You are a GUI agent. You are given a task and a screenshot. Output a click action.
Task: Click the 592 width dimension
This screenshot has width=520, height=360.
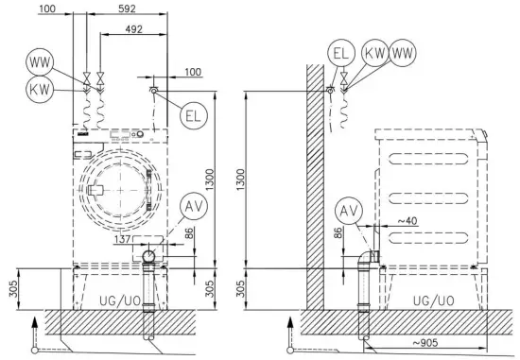click(x=127, y=9)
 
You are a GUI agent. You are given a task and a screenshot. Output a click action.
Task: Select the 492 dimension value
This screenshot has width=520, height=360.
click(x=133, y=29)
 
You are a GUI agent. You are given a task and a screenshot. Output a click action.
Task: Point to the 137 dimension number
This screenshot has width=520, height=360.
click(x=122, y=239)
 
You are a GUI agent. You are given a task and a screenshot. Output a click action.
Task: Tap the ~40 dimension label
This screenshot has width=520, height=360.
click(x=407, y=221)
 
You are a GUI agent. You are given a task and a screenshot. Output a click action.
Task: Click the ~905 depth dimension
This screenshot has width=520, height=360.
click(x=425, y=342)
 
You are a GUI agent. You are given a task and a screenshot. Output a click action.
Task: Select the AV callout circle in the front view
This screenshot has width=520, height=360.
click(x=194, y=206)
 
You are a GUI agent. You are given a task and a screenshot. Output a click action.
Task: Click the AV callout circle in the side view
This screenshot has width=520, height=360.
click(x=349, y=211)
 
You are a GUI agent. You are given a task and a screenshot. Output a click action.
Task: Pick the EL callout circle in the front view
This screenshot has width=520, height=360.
click(x=193, y=115)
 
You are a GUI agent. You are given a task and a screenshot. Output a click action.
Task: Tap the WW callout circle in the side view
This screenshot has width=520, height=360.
click(x=402, y=53)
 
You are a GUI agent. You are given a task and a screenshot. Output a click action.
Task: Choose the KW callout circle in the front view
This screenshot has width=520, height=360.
click(x=40, y=89)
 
